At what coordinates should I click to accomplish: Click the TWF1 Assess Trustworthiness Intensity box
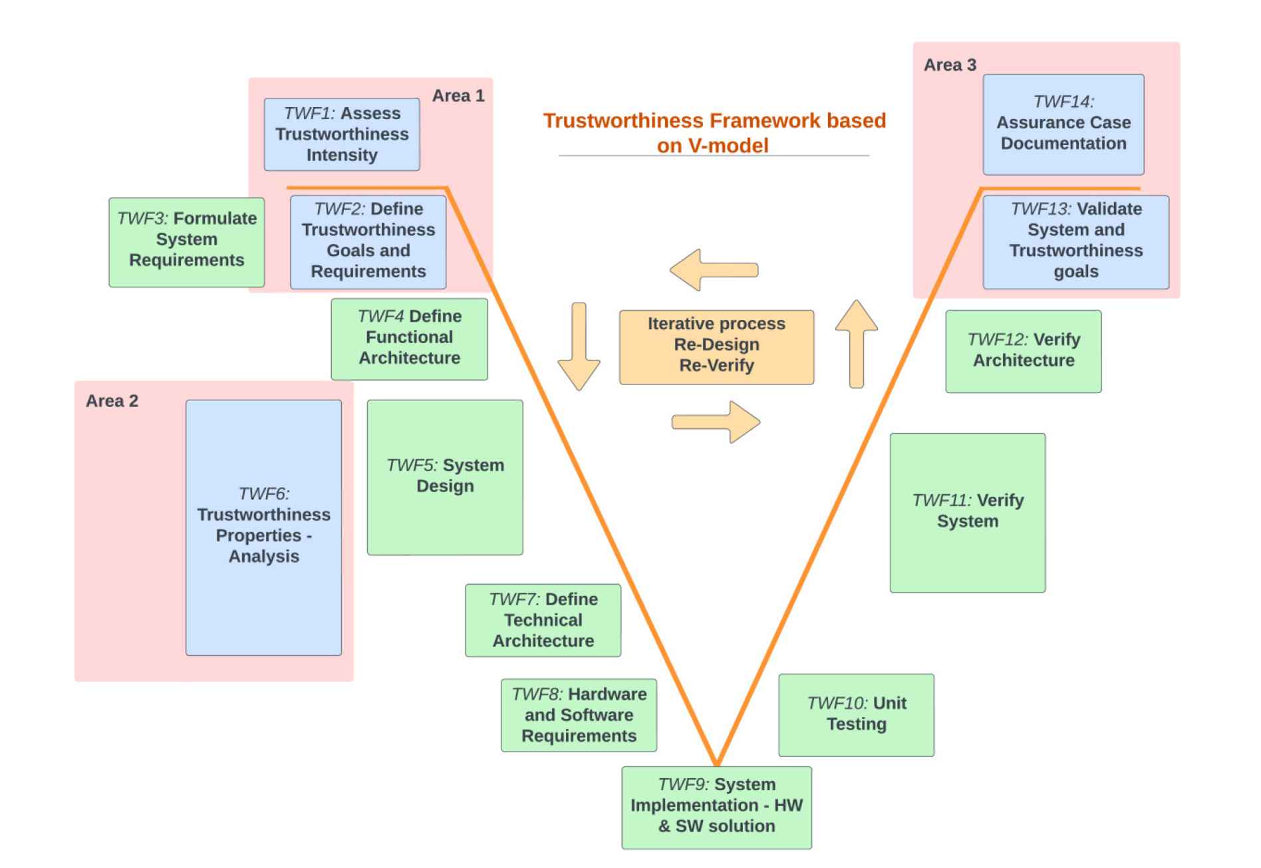pyautogui.click(x=341, y=134)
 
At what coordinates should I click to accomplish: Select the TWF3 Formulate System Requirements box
pyautogui.click(x=186, y=242)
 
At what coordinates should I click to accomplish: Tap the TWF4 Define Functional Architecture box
pyautogui.click(x=409, y=339)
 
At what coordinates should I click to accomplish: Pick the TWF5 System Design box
pyautogui.click(x=445, y=477)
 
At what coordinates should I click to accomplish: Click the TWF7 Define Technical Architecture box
pyautogui.click(x=543, y=620)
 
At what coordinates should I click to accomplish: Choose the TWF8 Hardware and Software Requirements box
pyautogui.click(x=579, y=715)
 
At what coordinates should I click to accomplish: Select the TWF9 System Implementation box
pyautogui.click(x=716, y=807)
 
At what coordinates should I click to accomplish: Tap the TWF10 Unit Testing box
pyautogui.click(x=856, y=714)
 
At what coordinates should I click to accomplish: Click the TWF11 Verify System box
pyautogui.click(x=967, y=512)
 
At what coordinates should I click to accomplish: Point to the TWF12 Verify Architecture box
pyautogui.click(x=1023, y=351)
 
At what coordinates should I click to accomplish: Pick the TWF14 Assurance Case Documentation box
pyautogui.click(x=1063, y=124)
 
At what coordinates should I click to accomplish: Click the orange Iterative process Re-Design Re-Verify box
pyautogui.click(x=716, y=347)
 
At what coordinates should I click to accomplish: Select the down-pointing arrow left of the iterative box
pyautogui.click(x=579, y=346)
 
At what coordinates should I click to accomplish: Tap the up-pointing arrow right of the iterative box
pyautogui.click(x=856, y=343)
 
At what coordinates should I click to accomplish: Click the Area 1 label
pyautogui.click(x=458, y=96)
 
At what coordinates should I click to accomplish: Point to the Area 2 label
pyautogui.click(x=112, y=401)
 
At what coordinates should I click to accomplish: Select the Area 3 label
pyautogui.click(x=950, y=65)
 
